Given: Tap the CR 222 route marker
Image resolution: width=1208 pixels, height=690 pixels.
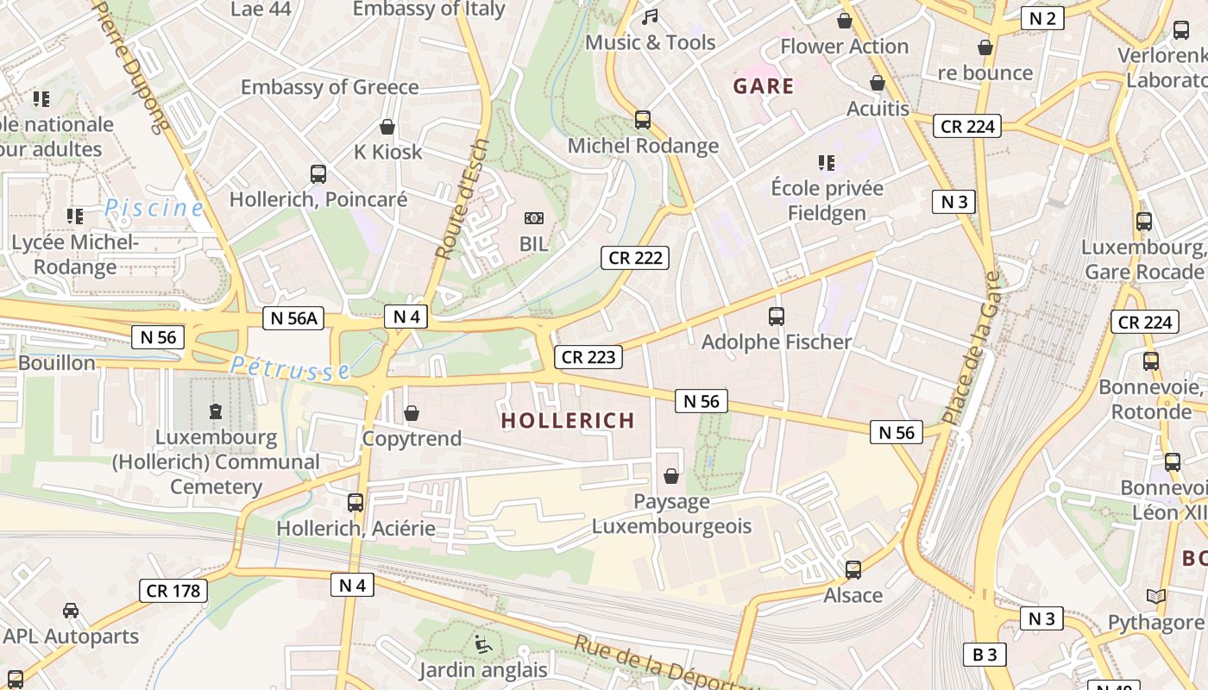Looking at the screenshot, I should coord(636,257).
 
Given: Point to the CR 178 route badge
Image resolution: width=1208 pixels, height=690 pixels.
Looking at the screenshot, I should coord(173,591).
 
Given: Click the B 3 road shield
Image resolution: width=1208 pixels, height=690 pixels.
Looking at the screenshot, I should coord(985,655).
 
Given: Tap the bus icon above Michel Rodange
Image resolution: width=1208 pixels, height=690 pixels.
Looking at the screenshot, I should coord(642,120).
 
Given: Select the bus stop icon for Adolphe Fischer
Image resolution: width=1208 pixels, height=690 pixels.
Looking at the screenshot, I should coord(776,317).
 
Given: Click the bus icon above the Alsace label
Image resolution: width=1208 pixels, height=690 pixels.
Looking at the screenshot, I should coord(853,570).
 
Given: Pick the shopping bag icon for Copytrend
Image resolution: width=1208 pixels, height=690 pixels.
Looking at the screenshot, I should coord(412,414).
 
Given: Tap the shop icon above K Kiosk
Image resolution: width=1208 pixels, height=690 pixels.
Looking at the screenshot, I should coord(387,127).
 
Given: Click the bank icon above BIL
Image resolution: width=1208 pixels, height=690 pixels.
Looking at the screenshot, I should coord(534,218).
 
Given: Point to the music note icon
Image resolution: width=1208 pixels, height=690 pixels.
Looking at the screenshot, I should coord(650,17).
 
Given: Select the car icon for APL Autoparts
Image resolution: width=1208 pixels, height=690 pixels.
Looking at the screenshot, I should coord(71,611).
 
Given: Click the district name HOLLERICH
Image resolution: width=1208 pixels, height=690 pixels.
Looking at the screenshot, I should coord(568,421).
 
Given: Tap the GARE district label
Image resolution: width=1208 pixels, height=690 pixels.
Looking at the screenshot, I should coord(763,86).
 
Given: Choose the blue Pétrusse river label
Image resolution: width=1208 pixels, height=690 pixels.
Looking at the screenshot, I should coord(290,367).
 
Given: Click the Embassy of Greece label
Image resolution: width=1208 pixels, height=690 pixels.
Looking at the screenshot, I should coord(330,87).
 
